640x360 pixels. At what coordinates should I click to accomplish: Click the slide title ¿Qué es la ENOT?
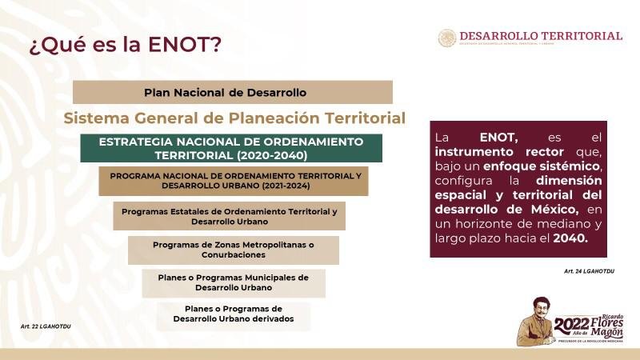(x=126, y=44)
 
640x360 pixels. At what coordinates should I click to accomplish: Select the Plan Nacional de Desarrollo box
(x=232, y=92)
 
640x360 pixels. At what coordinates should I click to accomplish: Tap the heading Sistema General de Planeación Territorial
(x=234, y=118)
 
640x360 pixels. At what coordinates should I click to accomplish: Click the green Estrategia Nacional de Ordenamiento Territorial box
(x=231, y=148)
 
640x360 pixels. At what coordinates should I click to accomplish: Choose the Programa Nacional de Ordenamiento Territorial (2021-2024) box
(x=234, y=181)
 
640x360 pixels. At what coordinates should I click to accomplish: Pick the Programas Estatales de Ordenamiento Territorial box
(x=229, y=216)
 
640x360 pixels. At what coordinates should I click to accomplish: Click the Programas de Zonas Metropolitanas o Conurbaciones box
(x=233, y=250)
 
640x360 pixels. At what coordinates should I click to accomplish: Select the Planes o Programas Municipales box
(x=234, y=282)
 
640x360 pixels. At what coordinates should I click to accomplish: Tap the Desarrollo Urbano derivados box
(x=234, y=314)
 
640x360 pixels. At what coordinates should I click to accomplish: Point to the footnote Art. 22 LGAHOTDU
(x=46, y=326)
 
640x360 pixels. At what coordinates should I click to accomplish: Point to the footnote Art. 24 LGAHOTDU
(x=589, y=272)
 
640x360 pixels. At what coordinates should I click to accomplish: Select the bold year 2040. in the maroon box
(x=570, y=238)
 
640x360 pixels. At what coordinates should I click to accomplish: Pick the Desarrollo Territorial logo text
(x=541, y=36)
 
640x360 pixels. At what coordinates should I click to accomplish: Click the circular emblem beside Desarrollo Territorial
(x=447, y=38)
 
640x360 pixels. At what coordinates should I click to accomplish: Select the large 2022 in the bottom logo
(x=571, y=324)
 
